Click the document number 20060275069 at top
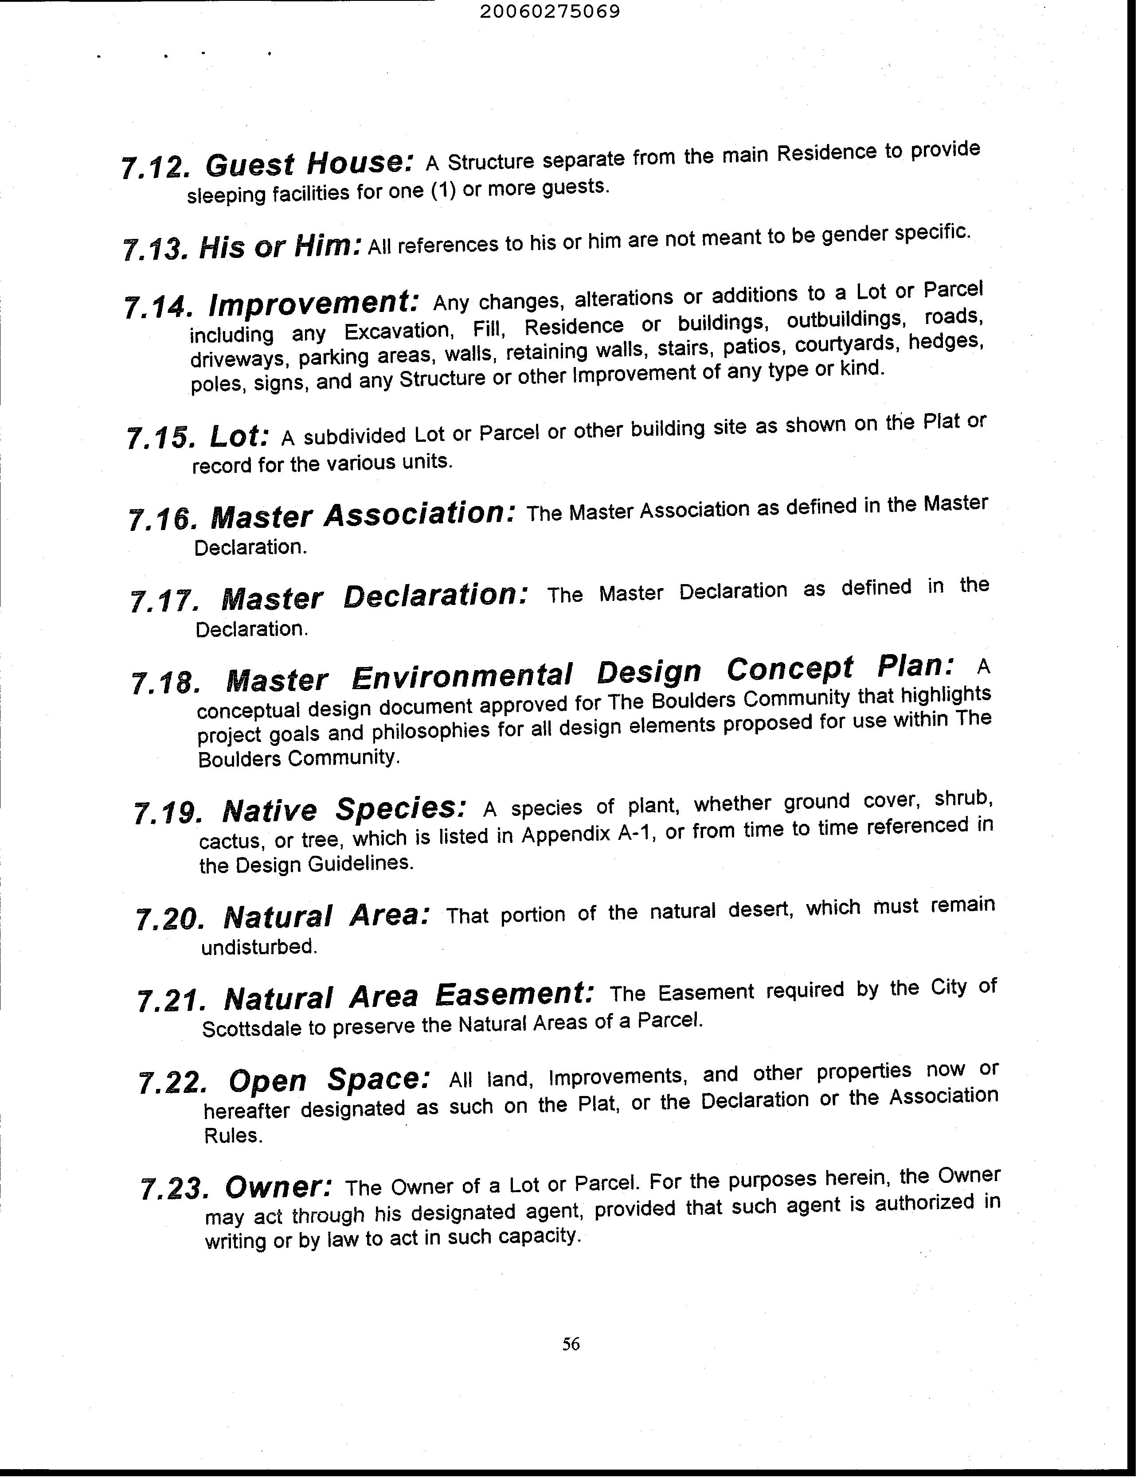(x=550, y=12)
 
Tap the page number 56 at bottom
(x=571, y=1343)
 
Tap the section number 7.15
(x=160, y=438)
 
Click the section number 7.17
(x=163, y=601)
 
